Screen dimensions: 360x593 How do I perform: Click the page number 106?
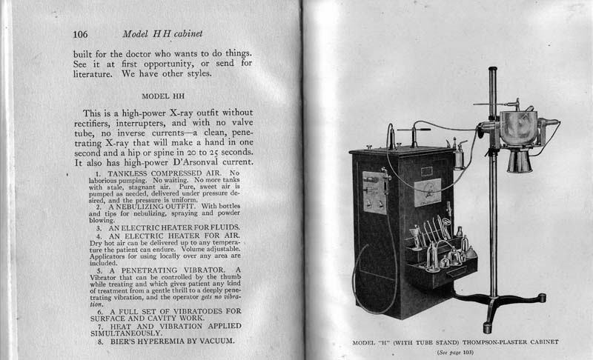tap(81, 34)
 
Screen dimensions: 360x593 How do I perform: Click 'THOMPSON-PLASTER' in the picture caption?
tap(481, 343)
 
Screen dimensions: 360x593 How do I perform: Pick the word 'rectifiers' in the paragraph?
tap(100, 124)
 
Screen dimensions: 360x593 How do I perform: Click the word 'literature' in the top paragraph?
tap(100, 73)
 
